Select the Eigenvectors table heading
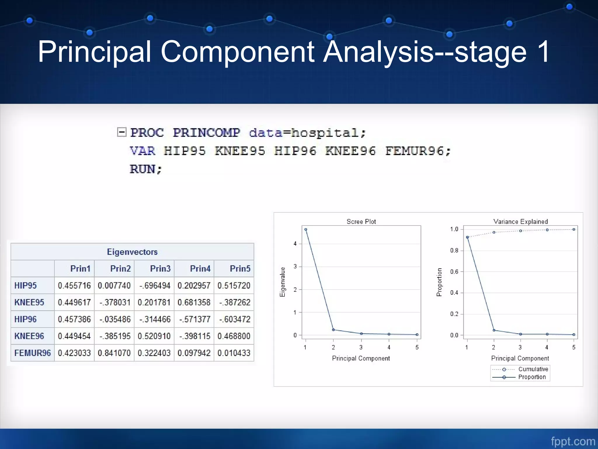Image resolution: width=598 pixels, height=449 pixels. point(132,252)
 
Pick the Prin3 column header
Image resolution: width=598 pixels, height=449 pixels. point(160,269)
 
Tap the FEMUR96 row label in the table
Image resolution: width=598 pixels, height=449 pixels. point(32,353)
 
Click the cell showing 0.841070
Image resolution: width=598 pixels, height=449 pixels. point(114,353)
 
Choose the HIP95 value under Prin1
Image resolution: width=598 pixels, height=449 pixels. point(74,286)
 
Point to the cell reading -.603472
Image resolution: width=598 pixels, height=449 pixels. point(234,319)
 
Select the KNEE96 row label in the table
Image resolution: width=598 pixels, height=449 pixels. point(29,336)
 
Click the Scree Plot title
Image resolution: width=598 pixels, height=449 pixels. point(361,222)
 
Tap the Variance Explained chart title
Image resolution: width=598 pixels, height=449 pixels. point(521,222)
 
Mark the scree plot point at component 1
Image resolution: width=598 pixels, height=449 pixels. point(306,229)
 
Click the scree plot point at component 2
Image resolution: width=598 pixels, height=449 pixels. point(333,330)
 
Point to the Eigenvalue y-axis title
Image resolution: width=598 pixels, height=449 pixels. point(282,282)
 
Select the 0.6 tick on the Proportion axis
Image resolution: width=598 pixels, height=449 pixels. point(454,272)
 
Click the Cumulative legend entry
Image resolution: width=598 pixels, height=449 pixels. point(533,369)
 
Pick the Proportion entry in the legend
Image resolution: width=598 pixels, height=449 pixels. point(532,377)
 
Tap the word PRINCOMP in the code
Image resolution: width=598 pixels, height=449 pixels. point(206,133)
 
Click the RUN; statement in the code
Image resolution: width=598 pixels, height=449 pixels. point(146,169)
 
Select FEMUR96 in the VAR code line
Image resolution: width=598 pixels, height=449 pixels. point(415,151)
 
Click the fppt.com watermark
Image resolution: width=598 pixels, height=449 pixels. point(573,441)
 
